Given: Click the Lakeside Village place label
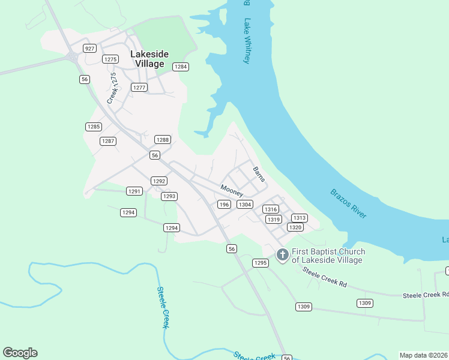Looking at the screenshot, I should (149, 59).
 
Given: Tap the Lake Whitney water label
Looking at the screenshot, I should (246, 41).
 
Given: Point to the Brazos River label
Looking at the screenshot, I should (349, 203).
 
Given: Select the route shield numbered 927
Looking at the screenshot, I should (89, 48).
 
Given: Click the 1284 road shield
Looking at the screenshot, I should (181, 67).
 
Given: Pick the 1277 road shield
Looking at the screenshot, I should (139, 88).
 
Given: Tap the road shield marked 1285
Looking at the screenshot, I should (93, 127).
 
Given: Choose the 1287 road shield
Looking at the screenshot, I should (107, 141).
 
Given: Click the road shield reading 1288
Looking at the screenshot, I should (163, 139).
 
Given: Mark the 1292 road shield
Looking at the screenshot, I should (158, 181).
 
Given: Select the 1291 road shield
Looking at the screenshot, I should (134, 191).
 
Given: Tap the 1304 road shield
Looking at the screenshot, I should (244, 205).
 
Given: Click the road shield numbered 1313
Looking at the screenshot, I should (300, 218).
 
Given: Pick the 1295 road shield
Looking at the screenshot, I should (260, 263).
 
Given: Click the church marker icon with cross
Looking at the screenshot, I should (282, 255).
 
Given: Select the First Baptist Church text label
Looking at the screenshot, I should (327, 256).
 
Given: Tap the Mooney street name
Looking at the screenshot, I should (232, 190).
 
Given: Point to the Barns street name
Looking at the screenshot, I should (259, 175).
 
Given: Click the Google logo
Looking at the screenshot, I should (20, 353).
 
